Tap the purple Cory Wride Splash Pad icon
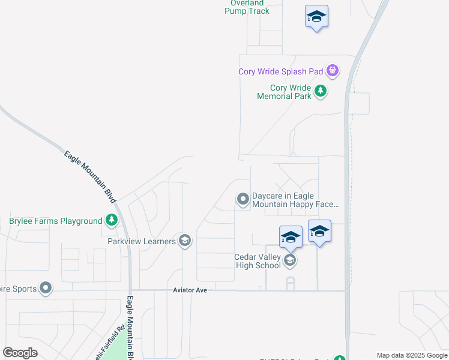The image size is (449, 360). point(333,71)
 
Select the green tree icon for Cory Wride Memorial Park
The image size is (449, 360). point(321,91)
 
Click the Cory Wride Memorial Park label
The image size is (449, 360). point(291,92)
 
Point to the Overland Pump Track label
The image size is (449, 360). point(247,7)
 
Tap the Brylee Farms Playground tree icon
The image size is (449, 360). point(111,221)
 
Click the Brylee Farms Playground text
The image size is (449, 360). point(56,221)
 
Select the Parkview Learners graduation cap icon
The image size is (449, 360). point(185,241)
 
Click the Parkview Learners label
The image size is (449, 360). point(142,241)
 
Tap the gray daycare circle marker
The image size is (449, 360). point(243,199)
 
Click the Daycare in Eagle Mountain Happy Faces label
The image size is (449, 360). point(295,200)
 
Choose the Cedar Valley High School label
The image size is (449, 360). point(258,261)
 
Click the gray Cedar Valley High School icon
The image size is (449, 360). point(291,260)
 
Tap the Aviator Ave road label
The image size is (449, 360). point(190,290)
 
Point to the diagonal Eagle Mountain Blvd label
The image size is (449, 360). point(89,176)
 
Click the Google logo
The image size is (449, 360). point(20,353)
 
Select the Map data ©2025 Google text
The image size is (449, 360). point(412,355)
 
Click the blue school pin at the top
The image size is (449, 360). point(316,17)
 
